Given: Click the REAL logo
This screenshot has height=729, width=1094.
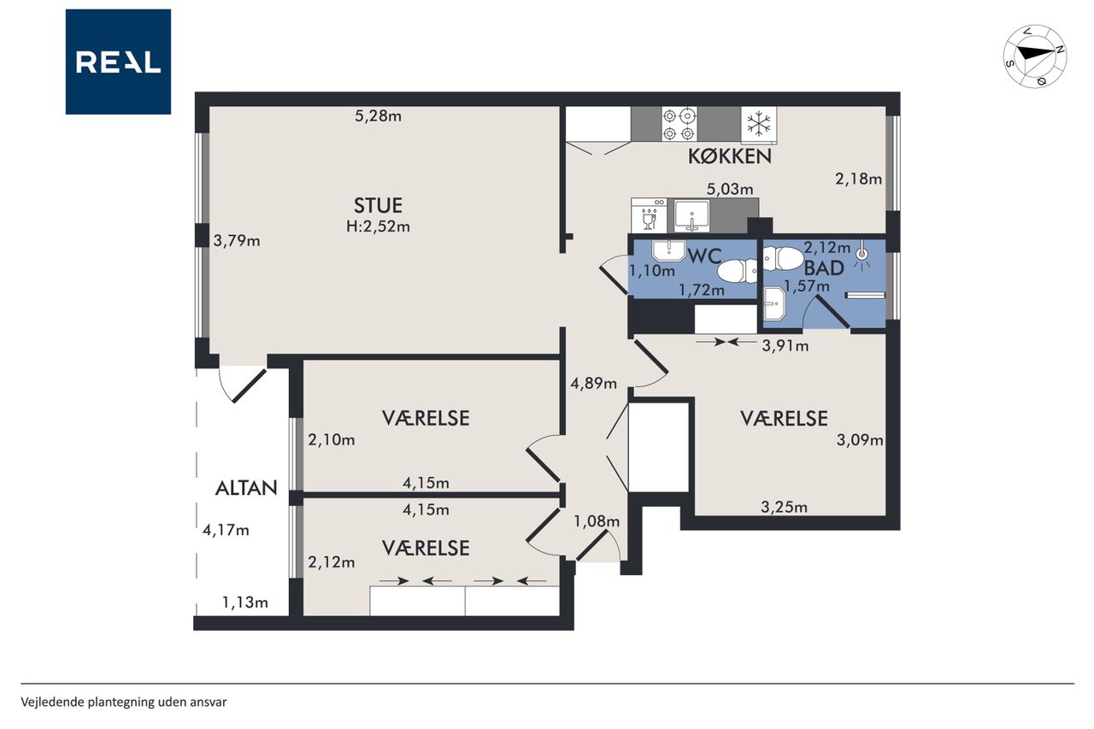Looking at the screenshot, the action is (118, 62).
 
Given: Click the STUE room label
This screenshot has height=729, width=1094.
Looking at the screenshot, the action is (378, 206).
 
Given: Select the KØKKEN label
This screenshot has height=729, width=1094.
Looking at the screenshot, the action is (730, 156).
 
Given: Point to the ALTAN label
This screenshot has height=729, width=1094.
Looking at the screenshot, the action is (246, 488).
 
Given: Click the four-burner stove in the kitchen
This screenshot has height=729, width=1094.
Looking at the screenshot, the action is (679, 124).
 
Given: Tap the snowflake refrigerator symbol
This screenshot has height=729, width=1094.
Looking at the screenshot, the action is (759, 124).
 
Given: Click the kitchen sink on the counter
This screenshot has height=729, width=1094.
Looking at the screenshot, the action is (691, 215).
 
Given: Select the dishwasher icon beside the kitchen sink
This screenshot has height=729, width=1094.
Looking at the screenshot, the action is (649, 215).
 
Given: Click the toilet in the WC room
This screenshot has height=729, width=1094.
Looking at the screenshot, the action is (738, 272).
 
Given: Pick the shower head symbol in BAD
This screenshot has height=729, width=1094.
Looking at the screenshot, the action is (863, 255).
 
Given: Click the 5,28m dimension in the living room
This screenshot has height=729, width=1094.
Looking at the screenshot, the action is (378, 115).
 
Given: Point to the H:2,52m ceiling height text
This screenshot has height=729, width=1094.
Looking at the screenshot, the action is (378, 226).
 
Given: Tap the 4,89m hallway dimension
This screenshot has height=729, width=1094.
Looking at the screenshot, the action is (593, 383).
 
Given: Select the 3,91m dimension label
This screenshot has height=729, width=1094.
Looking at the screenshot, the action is (785, 346).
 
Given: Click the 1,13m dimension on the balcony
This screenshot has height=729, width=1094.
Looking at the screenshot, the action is (245, 602).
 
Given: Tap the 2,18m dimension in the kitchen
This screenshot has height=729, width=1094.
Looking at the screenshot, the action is (859, 179).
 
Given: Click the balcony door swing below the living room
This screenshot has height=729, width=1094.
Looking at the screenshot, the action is (243, 385).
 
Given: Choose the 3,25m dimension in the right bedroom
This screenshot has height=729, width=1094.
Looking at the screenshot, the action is (784, 507).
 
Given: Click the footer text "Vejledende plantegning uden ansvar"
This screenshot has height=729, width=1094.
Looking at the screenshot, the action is (124, 703).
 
